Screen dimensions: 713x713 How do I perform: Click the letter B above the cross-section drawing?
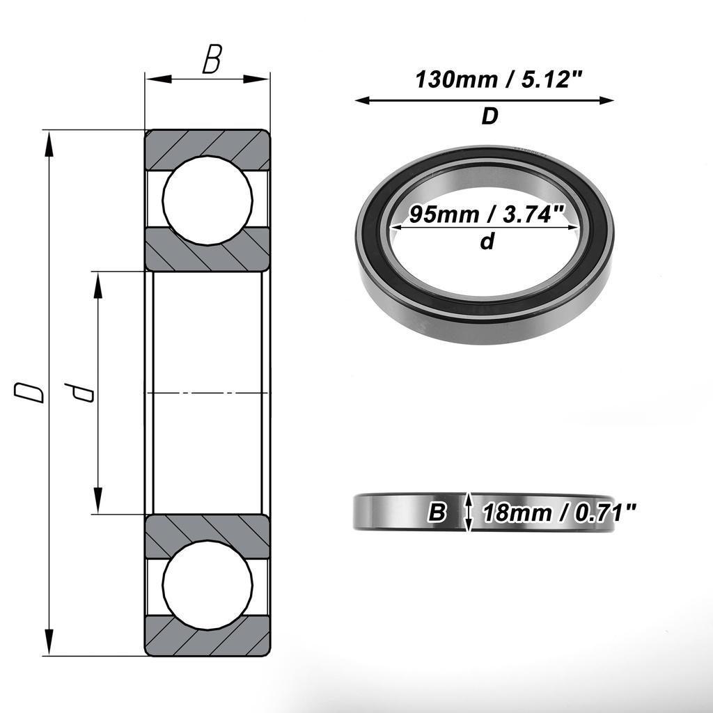211,61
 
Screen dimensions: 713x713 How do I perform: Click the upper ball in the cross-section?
207,200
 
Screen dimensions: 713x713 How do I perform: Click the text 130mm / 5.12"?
498,80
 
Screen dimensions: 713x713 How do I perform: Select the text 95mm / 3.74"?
486,214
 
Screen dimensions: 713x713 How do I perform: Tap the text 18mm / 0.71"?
559,513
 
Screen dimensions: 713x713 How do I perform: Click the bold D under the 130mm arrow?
489,117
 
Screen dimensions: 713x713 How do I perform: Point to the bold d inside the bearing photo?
487,242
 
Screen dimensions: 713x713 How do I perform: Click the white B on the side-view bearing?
437,513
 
